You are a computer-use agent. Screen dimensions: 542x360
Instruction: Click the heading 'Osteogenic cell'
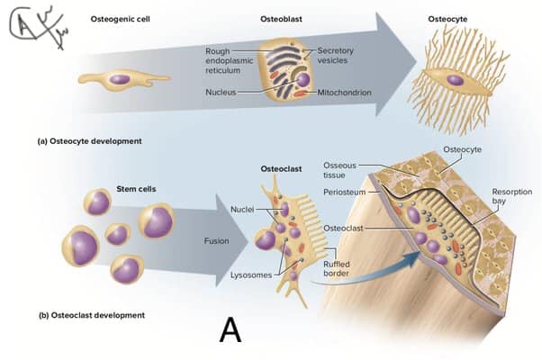pos(121,19)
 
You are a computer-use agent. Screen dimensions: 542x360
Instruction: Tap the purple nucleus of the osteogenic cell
pos(120,79)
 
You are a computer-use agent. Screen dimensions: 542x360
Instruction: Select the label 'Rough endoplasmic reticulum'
pos(230,61)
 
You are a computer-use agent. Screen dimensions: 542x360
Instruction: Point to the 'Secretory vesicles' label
pos(335,55)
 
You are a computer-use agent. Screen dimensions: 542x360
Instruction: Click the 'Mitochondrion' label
pos(344,93)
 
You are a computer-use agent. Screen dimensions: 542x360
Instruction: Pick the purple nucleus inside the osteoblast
pos(303,80)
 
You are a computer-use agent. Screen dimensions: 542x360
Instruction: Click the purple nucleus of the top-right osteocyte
pos(455,80)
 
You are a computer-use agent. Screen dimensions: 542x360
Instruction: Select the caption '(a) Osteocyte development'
pos(89,141)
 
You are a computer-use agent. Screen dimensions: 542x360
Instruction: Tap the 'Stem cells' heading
pos(136,189)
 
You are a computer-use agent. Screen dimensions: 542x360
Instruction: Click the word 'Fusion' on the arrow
pos(216,241)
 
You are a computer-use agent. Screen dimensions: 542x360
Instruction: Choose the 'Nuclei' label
pos(242,210)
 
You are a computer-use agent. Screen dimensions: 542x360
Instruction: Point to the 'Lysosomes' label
pos(251,275)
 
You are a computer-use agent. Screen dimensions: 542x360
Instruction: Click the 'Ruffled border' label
pos(336,269)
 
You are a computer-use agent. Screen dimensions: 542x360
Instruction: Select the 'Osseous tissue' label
pos(339,170)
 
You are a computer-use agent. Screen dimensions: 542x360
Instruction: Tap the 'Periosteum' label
pos(344,192)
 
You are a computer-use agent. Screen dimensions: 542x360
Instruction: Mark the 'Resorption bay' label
pos(512,196)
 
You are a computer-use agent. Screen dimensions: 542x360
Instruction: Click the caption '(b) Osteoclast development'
pos(92,315)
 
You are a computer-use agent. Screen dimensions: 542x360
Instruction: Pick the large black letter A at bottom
pos(230,330)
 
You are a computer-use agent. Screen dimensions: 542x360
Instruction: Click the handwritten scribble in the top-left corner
pos(37,26)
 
